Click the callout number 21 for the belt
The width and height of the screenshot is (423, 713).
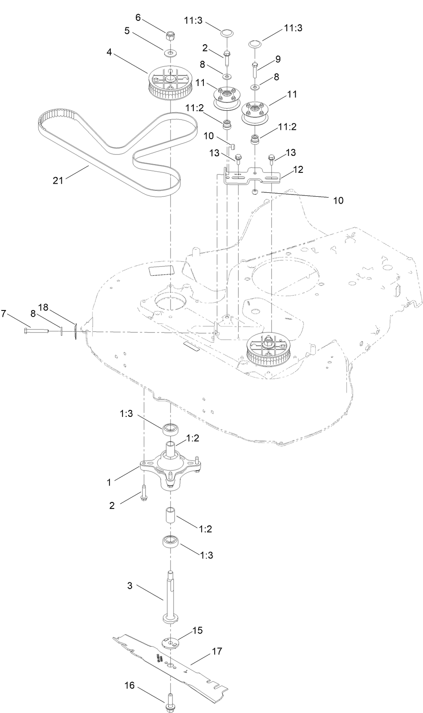pos(58,180)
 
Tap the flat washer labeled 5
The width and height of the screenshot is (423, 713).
pos(170,53)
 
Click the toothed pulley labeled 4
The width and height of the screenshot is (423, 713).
pos(170,83)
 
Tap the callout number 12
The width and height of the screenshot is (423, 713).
pos(298,169)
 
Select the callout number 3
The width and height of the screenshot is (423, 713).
pos(130,585)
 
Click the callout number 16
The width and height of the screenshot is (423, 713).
pos(130,686)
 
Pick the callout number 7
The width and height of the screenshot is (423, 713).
pos(4,313)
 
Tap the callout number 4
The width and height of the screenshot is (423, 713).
pos(110,52)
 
